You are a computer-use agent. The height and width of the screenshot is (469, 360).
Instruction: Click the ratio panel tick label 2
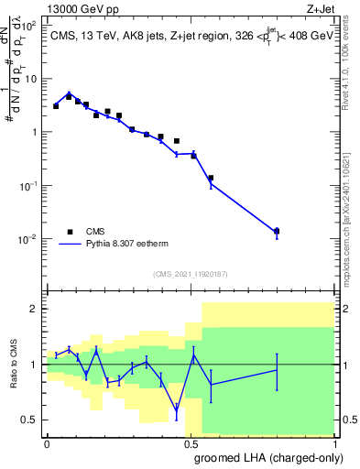pos(35,309)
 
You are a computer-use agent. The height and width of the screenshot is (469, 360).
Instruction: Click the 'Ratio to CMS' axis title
pos(14,365)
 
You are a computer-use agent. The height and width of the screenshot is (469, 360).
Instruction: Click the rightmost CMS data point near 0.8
pos(277,231)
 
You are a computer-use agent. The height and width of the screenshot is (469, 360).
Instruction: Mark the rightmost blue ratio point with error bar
pos(277,369)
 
